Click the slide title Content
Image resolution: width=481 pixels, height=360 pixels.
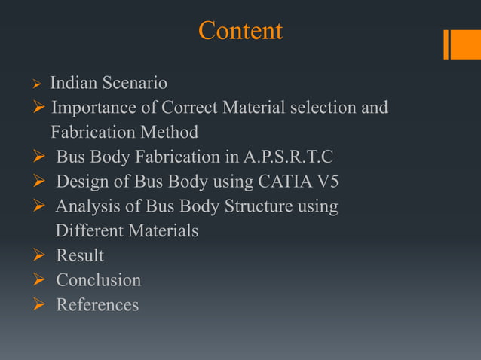[240, 31]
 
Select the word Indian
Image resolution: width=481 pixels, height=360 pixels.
[72, 82]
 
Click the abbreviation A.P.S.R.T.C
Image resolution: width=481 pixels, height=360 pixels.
[289, 157]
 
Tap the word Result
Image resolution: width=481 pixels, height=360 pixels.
[80, 255]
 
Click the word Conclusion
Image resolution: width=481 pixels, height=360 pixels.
[98, 280]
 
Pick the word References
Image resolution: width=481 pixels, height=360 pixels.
[97, 305]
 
